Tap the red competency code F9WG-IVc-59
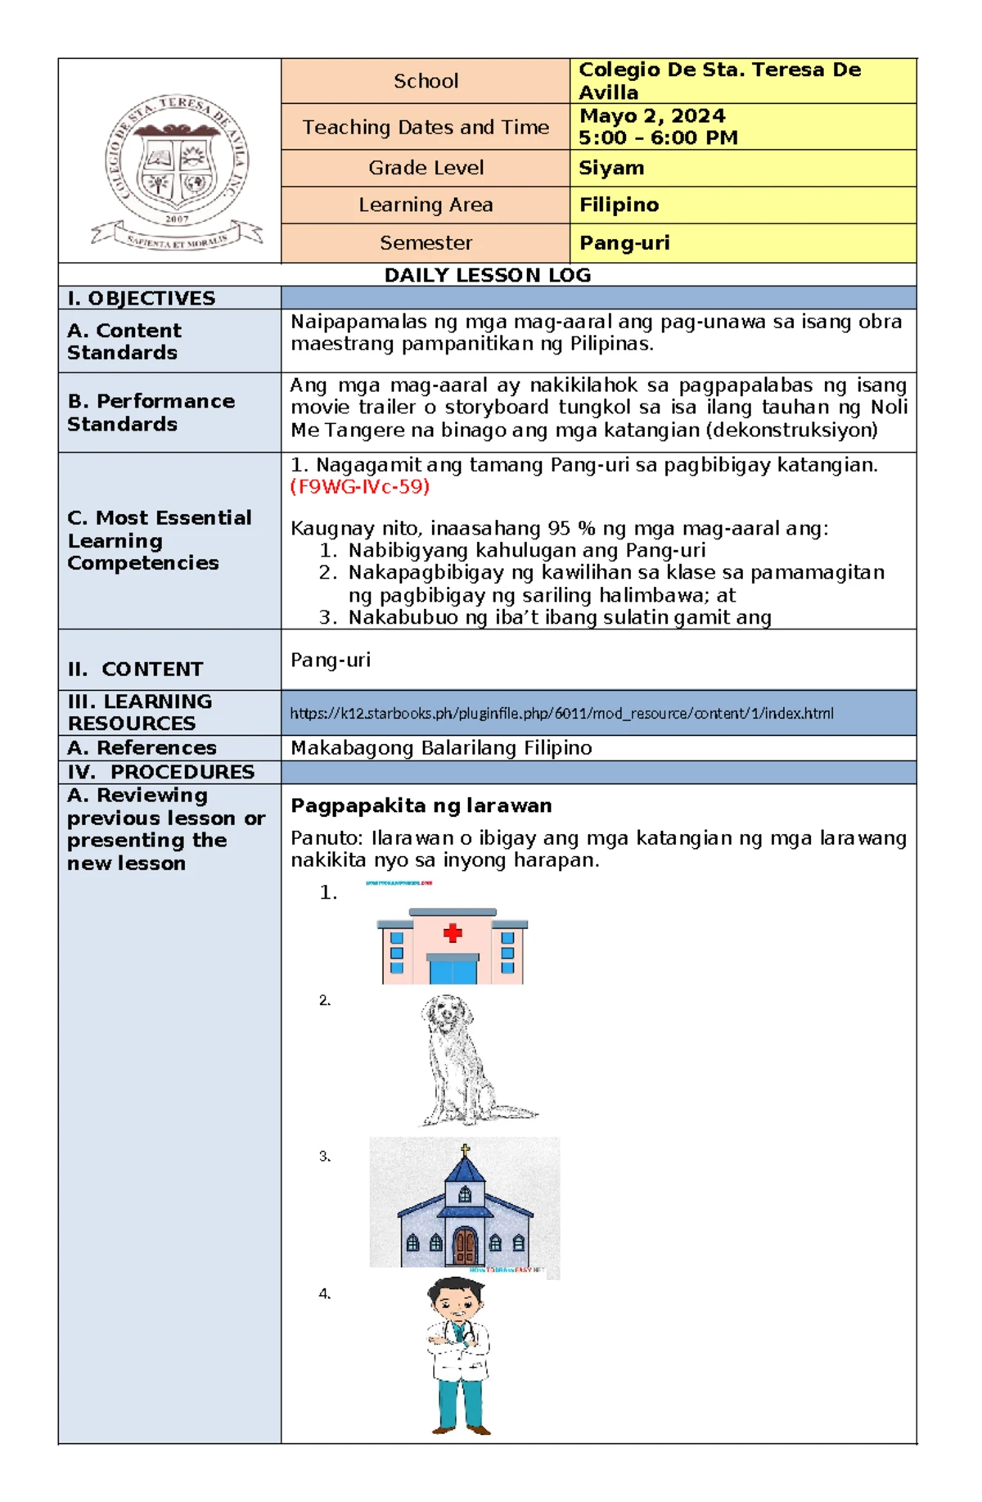click(x=360, y=487)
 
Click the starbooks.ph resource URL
click(x=561, y=713)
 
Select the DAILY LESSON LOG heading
click(x=488, y=275)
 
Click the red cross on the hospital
click(x=453, y=932)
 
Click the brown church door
click(x=465, y=1246)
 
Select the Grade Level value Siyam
click(x=611, y=168)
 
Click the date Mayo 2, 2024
click(x=652, y=115)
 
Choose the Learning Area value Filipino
click(x=619, y=205)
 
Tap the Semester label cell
click(x=426, y=243)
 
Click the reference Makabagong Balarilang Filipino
click(x=441, y=747)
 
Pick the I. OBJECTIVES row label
click(x=142, y=298)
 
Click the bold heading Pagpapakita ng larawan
click(x=421, y=805)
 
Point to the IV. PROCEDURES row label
click(x=161, y=772)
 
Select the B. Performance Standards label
click(x=151, y=413)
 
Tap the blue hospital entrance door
click(x=453, y=971)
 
